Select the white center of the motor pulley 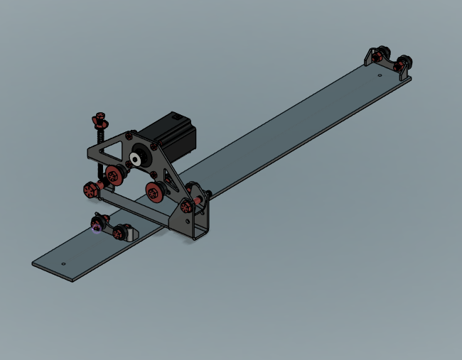[135, 158]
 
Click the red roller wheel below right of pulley [154, 190]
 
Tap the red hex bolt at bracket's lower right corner [187, 206]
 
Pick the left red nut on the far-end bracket [375, 55]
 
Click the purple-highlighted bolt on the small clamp [97, 227]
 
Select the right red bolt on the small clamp [118, 231]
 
